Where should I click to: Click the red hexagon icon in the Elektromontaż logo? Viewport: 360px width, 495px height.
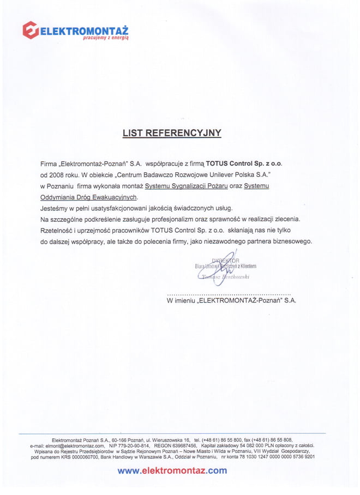(x=31, y=29)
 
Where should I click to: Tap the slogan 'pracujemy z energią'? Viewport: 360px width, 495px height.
(x=105, y=38)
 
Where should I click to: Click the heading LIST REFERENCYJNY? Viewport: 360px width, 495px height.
(x=172, y=132)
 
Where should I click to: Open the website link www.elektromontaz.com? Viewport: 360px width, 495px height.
(x=172, y=470)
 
